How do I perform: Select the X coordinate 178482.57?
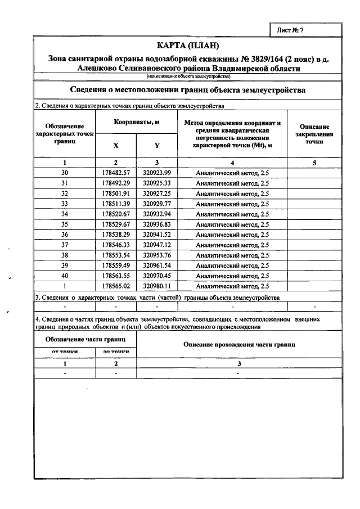click(x=116, y=173)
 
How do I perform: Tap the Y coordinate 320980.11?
click(x=157, y=286)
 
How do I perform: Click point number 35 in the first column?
click(x=64, y=224)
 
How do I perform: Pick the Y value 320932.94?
click(x=157, y=214)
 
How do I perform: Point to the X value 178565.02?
click(x=116, y=286)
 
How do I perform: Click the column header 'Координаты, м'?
click(x=136, y=122)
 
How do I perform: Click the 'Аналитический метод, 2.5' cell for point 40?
click(x=232, y=276)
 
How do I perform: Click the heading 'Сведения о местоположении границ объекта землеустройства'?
click(x=188, y=90)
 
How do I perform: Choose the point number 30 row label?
click(x=64, y=173)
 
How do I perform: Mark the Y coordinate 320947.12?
click(x=157, y=245)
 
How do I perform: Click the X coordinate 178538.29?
click(x=116, y=235)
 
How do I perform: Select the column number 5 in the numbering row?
click(x=314, y=163)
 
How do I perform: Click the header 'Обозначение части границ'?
click(x=85, y=339)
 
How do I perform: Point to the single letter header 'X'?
click(x=116, y=145)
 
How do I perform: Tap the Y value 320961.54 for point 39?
click(x=157, y=265)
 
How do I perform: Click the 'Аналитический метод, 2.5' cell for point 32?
click(x=232, y=193)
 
